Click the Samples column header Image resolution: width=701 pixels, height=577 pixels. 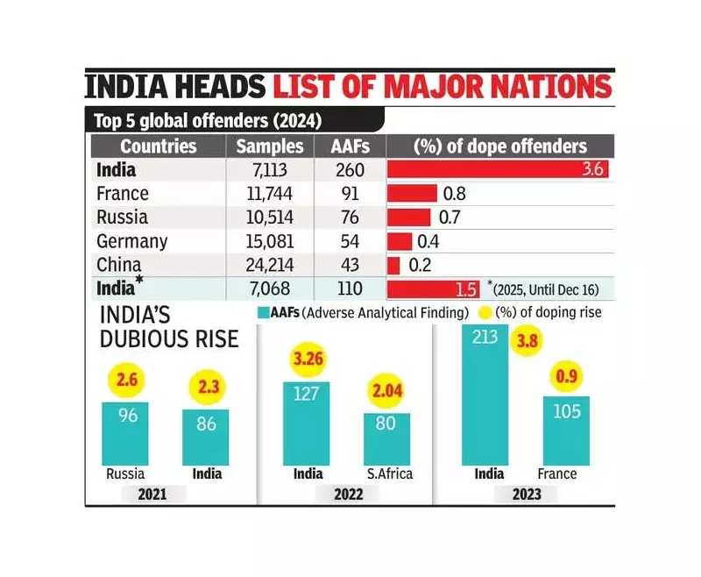pos(270,146)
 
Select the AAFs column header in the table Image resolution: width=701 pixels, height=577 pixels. pos(347,146)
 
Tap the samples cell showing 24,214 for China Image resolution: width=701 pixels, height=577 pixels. pos(270,265)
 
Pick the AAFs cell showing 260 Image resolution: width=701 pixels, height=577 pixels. pos(347,170)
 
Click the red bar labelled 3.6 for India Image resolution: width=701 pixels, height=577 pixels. pos(497,170)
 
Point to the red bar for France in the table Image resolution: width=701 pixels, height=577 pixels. pos(412,194)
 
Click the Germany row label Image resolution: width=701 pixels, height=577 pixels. pos(132,241)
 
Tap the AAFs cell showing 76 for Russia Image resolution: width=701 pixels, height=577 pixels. pos(347,217)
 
